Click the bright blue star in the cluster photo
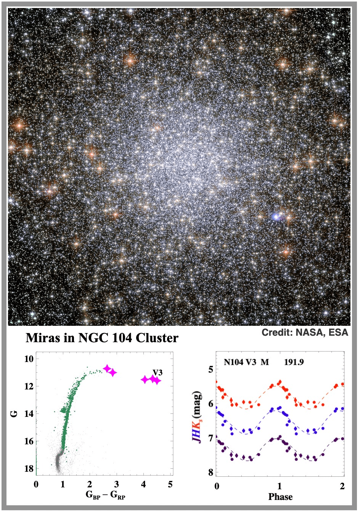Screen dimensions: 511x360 276,217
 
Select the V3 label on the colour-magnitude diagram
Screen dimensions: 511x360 157,372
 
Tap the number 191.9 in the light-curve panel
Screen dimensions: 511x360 294,362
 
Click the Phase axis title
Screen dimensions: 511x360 280,497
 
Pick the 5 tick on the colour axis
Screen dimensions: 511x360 170,484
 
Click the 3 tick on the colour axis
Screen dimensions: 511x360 116,484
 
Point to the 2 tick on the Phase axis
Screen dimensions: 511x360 342,486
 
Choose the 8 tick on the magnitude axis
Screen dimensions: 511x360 211,473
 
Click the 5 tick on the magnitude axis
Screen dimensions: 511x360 211,370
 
